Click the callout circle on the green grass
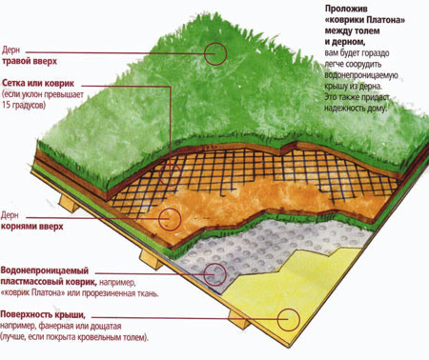(x=204, y=54)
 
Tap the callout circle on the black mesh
(x=159, y=174)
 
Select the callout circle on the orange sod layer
(x=159, y=219)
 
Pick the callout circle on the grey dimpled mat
(x=204, y=274)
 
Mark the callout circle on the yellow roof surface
(x=277, y=320)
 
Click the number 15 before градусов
(x=7, y=105)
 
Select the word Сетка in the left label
(x=13, y=83)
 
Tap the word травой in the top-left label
(x=16, y=61)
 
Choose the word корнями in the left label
(x=18, y=227)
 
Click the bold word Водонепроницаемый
(x=45, y=270)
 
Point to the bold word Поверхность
(x=27, y=314)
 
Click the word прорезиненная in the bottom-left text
(x=104, y=292)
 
